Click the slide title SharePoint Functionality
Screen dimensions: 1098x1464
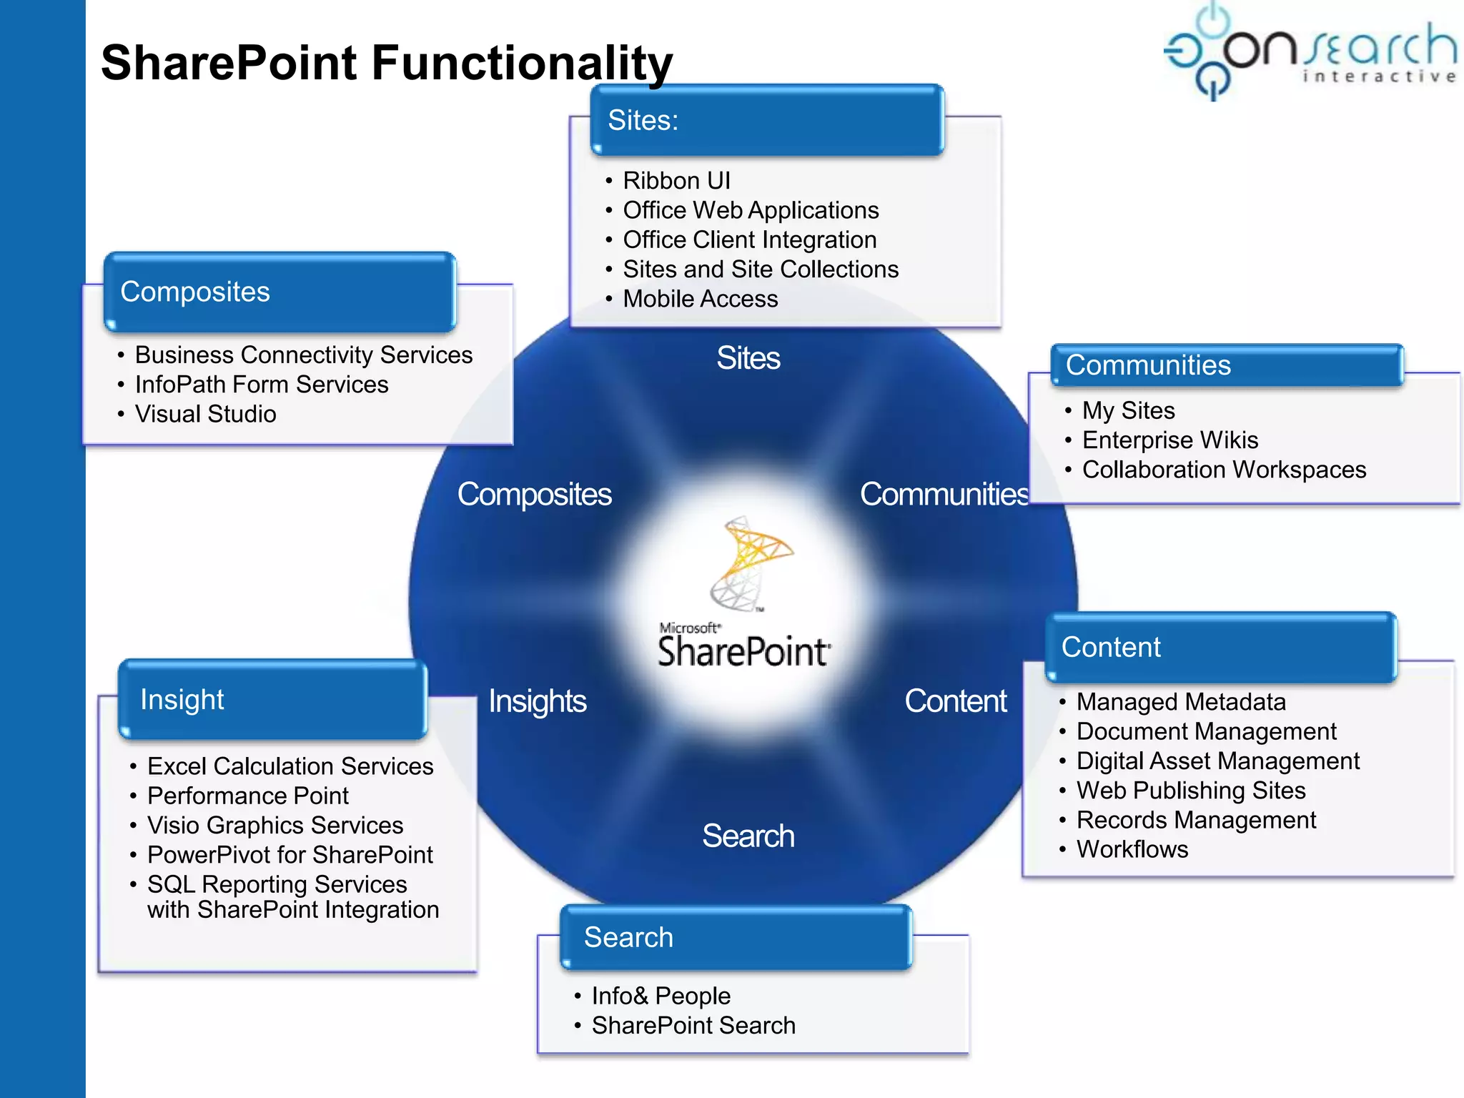pyautogui.click(x=386, y=63)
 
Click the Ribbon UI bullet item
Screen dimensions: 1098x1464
pyautogui.click(x=676, y=181)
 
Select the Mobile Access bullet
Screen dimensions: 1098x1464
pyautogui.click(x=700, y=299)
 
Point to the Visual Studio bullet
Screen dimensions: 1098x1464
pyautogui.click(x=205, y=414)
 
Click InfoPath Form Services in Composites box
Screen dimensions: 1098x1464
pyautogui.click(x=261, y=385)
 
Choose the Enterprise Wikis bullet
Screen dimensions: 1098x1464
pyautogui.click(x=1169, y=440)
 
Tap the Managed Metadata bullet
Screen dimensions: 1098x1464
pyautogui.click(x=1180, y=702)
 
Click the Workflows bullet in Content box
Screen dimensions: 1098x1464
pyautogui.click(x=1132, y=849)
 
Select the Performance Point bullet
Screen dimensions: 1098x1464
pyautogui.click(x=247, y=796)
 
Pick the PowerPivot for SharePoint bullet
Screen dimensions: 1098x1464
pyautogui.click(x=290, y=855)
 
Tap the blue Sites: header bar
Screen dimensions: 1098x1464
pyautogui.click(x=766, y=120)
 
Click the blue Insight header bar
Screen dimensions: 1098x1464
pyautogui.click(x=272, y=699)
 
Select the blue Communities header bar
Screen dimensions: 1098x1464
pyautogui.click(x=1226, y=365)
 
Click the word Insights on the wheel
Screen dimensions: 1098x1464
pyautogui.click(x=537, y=701)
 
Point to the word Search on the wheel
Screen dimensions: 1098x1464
pyautogui.click(x=748, y=836)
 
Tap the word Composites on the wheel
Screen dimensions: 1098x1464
pyautogui.click(x=534, y=495)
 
